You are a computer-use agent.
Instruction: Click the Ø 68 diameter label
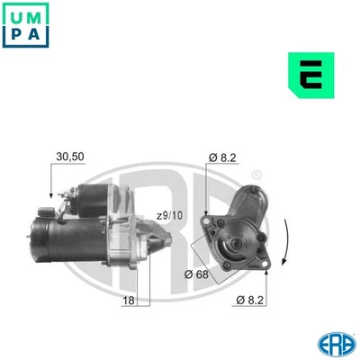(199, 274)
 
